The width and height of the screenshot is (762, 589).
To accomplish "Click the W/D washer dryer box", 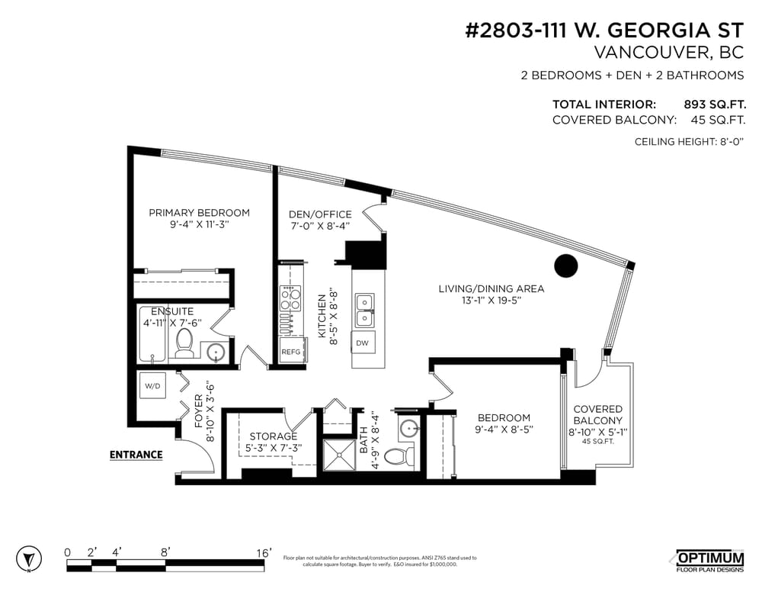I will [152, 387].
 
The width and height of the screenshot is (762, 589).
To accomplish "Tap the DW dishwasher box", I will [362, 343].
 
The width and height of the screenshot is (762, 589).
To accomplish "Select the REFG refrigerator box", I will [291, 352].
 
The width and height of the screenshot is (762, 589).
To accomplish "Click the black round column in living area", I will [565, 266].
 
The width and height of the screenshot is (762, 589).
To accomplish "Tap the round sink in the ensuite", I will [216, 352].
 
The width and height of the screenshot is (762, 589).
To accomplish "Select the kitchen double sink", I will [363, 307].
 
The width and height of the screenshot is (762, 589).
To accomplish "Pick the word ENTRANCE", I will [136, 455].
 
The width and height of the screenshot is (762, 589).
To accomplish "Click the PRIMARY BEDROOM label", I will [199, 213].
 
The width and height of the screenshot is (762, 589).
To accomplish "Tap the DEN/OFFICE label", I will [320, 214].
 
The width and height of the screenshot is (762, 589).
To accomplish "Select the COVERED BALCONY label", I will [597, 415].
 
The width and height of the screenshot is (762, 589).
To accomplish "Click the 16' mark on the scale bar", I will [264, 552].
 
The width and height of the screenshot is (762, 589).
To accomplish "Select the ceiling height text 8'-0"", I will [728, 142].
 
